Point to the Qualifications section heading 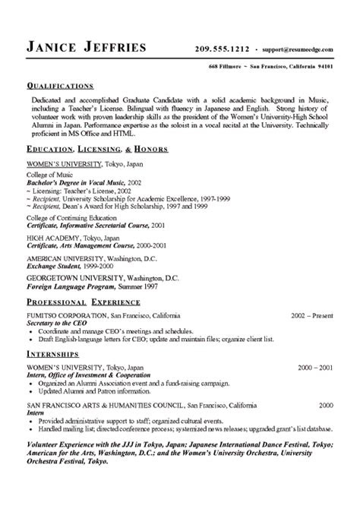point(60,84)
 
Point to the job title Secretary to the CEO point(58,322)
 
